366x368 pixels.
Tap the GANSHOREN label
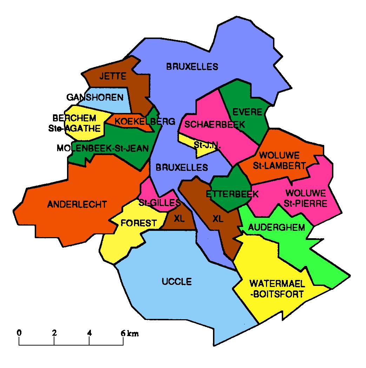(95, 97)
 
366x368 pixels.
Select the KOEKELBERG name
(145, 122)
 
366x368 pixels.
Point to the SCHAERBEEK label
(214, 125)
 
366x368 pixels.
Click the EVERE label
(247, 112)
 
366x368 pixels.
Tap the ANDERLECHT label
(77, 204)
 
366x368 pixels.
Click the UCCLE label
(177, 281)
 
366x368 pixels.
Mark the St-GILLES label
(159, 202)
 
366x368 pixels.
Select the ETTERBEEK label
(232, 194)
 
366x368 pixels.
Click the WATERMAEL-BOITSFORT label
(276, 288)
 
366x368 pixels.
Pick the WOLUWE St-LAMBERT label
(283, 160)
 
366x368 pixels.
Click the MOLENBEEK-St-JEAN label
(102, 148)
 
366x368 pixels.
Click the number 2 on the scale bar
(54, 333)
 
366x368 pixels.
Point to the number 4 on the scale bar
(89, 333)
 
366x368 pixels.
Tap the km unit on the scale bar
(133, 334)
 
